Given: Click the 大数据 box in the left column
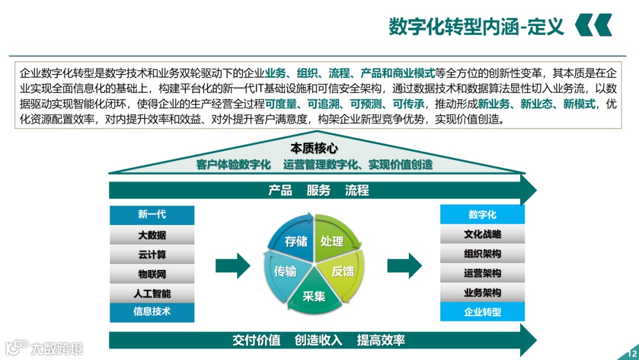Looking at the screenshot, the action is [x=152, y=235].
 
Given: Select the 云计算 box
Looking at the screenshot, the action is [x=152, y=255].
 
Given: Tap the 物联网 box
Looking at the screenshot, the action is [x=152, y=274].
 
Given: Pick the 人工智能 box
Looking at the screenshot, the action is [x=152, y=294].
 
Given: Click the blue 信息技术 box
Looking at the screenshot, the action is [x=152, y=312].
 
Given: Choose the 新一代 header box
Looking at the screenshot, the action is [x=152, y=215].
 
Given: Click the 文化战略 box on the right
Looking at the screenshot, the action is [x=482, y=234].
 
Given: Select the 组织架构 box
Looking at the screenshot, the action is [x=482, y=253].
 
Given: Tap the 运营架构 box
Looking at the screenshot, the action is [x=482, y=273].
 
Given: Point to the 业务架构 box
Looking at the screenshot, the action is [x=482, y=292].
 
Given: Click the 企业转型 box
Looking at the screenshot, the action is [x=482, y=311].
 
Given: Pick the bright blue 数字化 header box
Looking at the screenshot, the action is [x=482, y=214].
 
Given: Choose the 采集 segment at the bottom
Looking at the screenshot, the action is [x=314, y=296].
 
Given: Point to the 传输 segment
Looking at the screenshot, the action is [x=285, y=271].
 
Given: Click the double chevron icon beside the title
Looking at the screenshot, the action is [x=593, y=26].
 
